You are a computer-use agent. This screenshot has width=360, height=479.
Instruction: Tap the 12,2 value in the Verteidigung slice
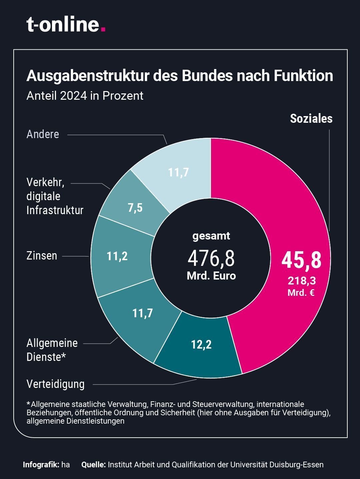(201, 344)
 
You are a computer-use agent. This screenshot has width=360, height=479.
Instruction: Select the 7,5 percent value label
(135, 208)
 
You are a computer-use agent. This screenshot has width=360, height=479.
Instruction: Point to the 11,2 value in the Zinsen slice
(117, 256)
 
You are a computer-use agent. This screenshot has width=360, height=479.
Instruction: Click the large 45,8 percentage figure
(301, 260)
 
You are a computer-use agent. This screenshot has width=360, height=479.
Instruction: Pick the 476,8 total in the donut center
(211, 259)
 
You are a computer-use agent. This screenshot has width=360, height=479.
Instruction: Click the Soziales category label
(311, 119)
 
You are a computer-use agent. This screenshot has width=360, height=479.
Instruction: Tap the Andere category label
(43, 134)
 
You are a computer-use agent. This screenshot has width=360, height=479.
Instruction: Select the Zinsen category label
(42, 256)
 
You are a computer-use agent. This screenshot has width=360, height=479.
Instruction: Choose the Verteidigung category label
(55, 384)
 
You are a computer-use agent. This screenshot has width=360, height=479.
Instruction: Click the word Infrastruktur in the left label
(55, 210)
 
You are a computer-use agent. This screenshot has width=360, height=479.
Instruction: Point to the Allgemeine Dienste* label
(52, 350)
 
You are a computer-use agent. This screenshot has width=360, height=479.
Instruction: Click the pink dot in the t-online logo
(103, 29)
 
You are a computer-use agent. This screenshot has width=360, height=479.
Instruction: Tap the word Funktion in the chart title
(303, 76)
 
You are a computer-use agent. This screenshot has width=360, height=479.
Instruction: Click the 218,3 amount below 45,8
(302, 281)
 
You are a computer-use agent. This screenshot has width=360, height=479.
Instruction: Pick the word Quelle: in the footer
(93, 465)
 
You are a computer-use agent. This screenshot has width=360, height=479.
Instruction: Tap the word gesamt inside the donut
(211, 236)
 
